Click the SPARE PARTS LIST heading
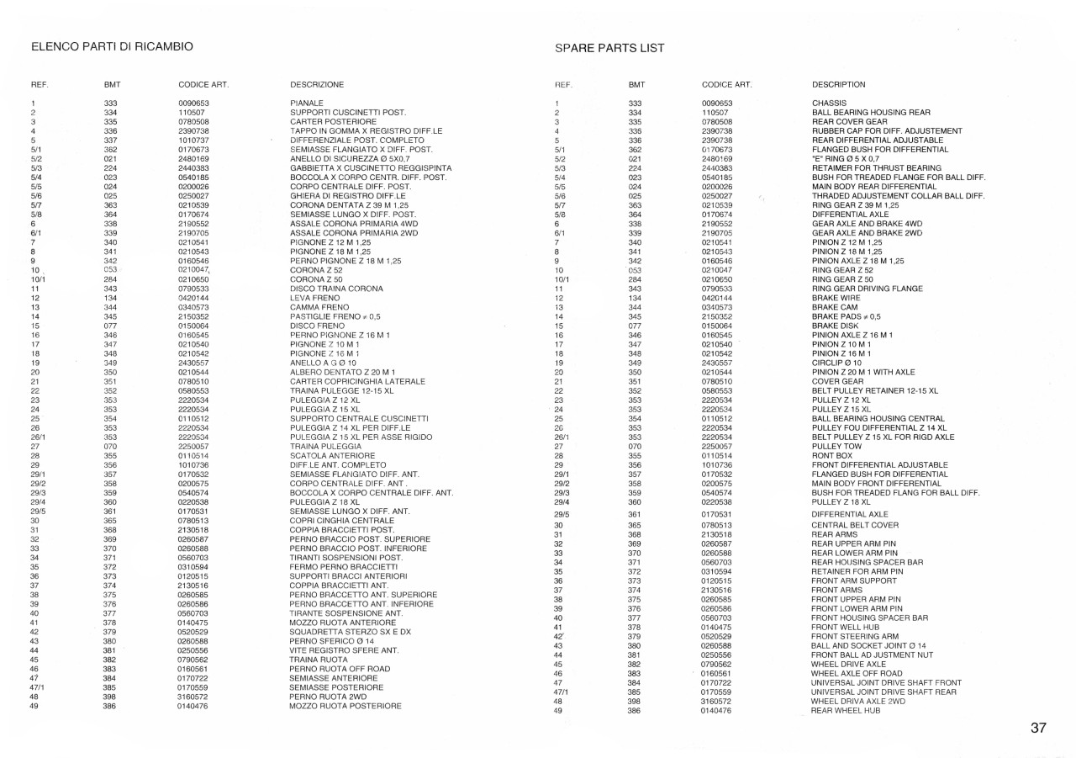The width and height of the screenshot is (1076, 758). (609, 48)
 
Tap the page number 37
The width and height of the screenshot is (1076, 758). (1038, 728)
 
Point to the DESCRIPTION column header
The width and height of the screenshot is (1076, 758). (839, 85)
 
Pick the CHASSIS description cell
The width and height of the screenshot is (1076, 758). (829, 103)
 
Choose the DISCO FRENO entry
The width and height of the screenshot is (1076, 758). (314, 326)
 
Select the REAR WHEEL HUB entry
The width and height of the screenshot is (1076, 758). (846, 711)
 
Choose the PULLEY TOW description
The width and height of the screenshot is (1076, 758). (834, 446)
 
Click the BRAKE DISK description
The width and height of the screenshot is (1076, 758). (836, 326)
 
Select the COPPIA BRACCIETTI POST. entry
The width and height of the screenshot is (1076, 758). (341, 530)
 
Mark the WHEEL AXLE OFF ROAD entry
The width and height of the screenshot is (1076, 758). (857, 673)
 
